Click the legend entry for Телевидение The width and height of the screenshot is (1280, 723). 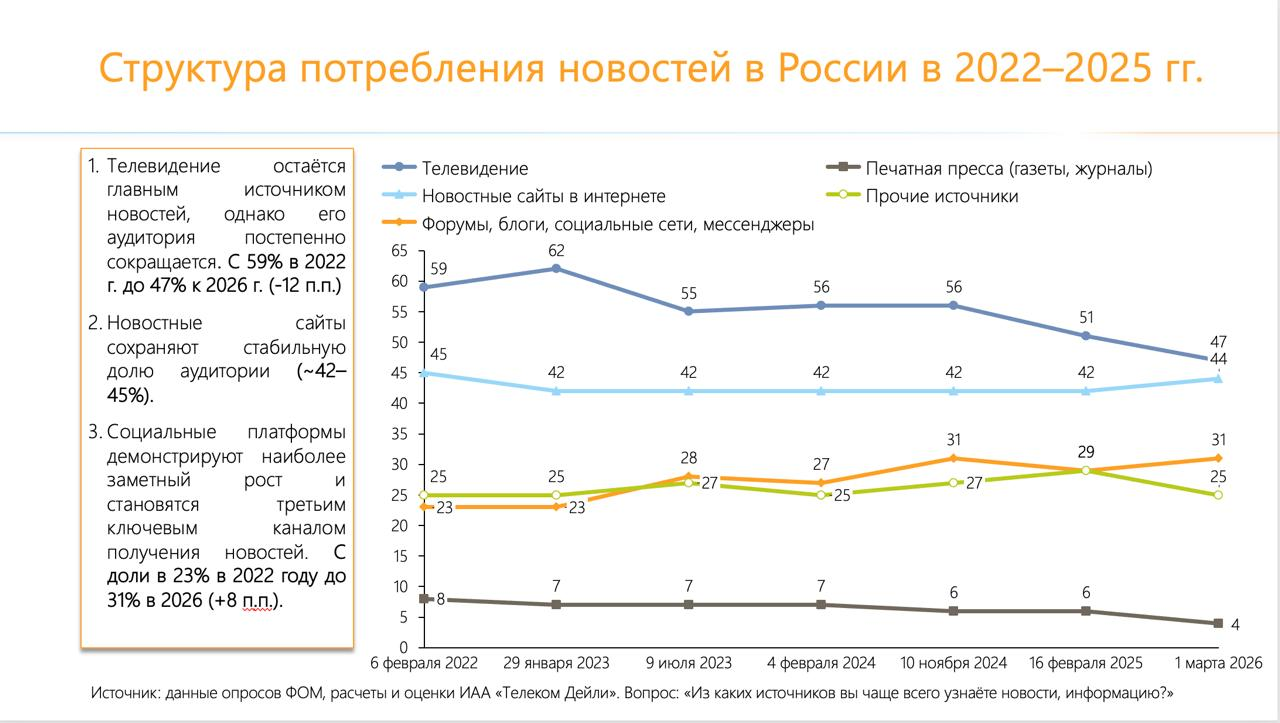[474, 169]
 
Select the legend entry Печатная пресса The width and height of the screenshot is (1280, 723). [1009, 169]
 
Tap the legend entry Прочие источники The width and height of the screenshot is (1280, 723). [942, 196]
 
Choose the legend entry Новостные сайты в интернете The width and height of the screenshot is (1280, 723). [543, 196]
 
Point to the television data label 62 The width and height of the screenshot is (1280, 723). [557, 250]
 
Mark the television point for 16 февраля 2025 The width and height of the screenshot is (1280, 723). [1086, 336]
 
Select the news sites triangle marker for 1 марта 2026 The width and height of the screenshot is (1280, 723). [1218, 378]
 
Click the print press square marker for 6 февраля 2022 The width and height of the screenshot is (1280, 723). [424, 598]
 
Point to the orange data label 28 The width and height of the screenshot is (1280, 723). [689, 458]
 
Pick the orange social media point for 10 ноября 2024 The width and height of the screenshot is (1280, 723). [954, 458]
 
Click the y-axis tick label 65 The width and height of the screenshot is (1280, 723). [399, 250]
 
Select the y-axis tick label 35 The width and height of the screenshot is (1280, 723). [399, 434]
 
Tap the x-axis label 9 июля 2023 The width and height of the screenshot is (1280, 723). [689, 663]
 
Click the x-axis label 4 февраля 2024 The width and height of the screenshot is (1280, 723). [821, 663]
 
